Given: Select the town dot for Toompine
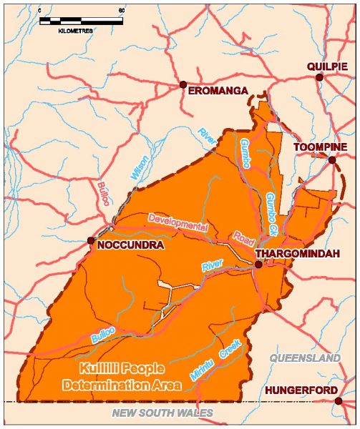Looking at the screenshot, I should point(332,160).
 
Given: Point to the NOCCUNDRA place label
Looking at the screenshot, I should point(130,245).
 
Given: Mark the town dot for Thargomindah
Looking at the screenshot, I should point(258,265).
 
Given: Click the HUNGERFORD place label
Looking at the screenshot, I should point(297,390).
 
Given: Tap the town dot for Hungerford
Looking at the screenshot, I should point(339,401).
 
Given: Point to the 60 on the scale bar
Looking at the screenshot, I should point(121,11).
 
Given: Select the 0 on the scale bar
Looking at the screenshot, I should point(41,11).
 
